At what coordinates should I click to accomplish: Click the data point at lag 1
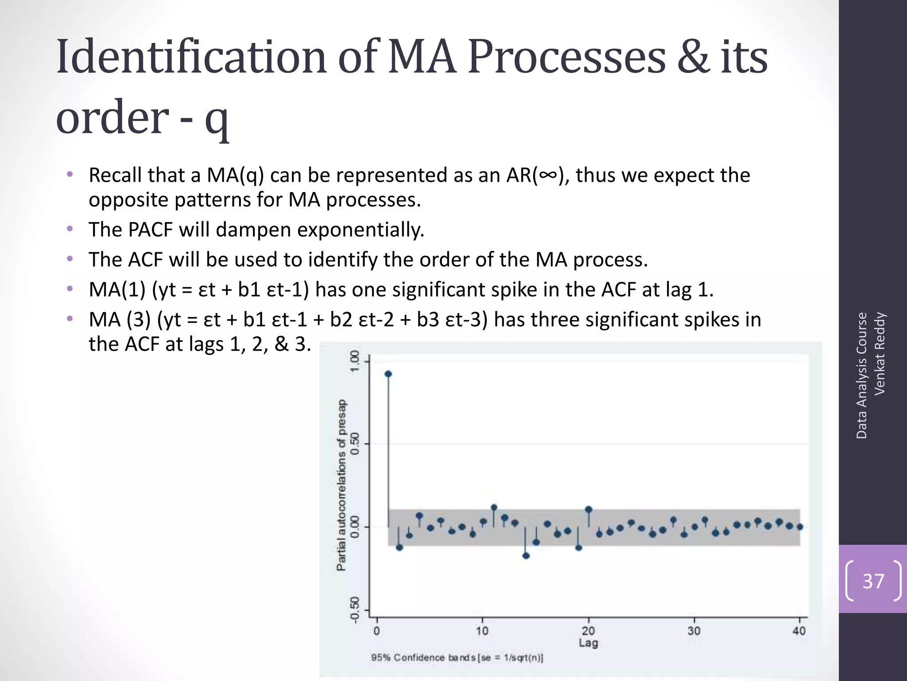(x=388, y=374)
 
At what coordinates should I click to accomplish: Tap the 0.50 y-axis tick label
(x=355, y=444)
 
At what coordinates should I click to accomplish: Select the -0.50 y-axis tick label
(x=355, y=610)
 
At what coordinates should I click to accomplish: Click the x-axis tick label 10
(x=482, y=630)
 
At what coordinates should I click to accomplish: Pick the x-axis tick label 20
(x=588, y=630)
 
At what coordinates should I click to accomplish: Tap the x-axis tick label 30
(x=694, y=630)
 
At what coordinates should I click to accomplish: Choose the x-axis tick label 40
(x=799, y=630)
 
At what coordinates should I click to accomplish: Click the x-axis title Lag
(x=588, y=642)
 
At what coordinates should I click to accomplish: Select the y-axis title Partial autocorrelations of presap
(x=341, y=485)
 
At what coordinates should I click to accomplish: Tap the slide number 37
(x=873, y=581)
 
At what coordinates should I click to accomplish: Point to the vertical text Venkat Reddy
(x=880, y=353)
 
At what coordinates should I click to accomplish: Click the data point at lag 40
(x=800, y=527)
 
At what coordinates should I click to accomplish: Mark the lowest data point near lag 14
(x=526, y=556)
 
